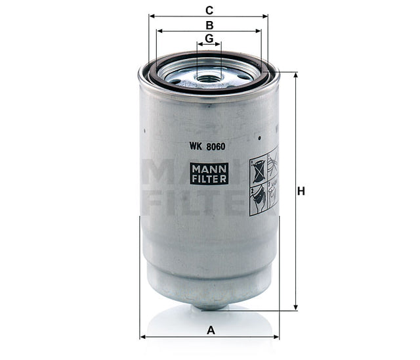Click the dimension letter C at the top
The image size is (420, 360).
(x=209, y=9)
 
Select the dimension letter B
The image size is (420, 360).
(x=209, y=25)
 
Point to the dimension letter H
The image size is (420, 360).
(x=302, y=191)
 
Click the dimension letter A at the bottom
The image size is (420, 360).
(x=211, y=330)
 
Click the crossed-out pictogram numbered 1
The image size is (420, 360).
(x=258, y=167)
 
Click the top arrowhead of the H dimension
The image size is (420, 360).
(x=295, y=75)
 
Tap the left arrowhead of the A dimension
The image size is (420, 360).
(x=143, y=338)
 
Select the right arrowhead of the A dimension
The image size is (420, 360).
(x=276, y=338)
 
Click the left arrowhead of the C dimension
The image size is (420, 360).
(x=152, y=16)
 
